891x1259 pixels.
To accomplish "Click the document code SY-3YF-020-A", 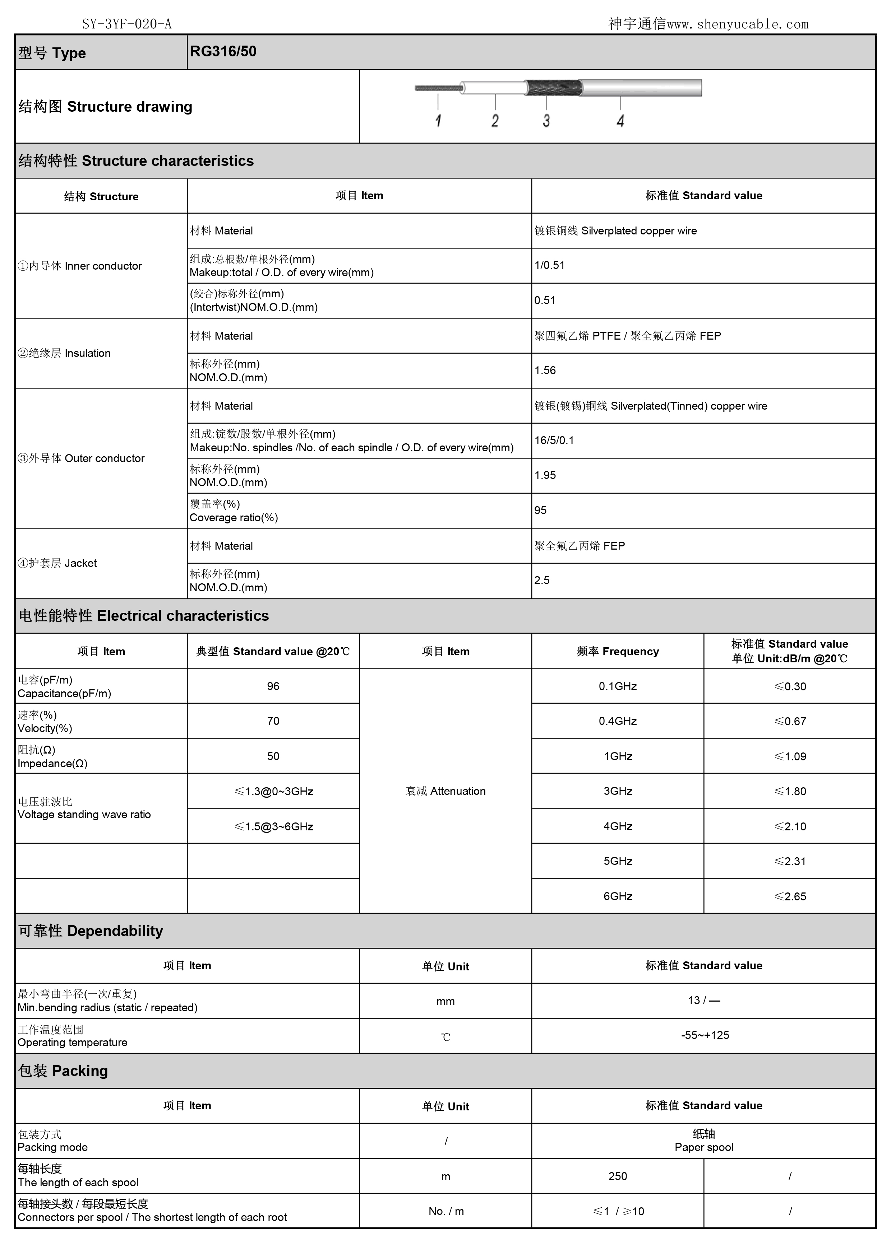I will click(x=127, y=24).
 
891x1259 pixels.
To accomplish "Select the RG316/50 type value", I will click(x=223, y=52).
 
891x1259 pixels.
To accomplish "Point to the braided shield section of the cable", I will click(x=553, y=88).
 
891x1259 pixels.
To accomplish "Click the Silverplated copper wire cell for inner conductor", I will click(x=615, y=231).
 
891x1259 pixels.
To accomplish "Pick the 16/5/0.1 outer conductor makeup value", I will click(x=554, y=440).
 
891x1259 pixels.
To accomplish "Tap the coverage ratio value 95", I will click(x=540, y=510).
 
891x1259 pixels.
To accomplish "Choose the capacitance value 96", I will click(x=273, y=686).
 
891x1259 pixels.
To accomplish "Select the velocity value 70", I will click(x=273, y=721).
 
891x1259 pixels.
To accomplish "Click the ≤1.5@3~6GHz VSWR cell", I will click(x=273, y=826).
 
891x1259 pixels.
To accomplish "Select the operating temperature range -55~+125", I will click(x=705, y=1035).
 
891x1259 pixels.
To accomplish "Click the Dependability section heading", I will click(x=91, y=931).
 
